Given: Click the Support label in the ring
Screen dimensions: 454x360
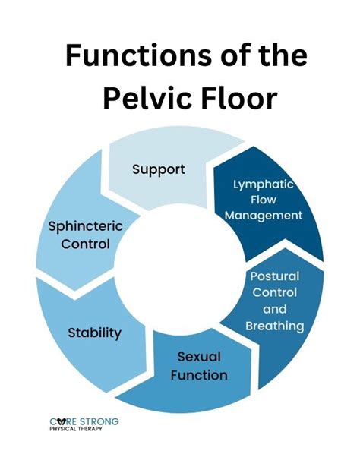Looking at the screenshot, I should tap(158, 169).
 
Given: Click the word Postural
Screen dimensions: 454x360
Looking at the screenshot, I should tap(274, 276).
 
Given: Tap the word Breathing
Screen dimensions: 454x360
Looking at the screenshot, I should tap(274, 326).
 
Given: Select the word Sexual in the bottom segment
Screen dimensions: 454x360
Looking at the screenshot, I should tap(198, 356).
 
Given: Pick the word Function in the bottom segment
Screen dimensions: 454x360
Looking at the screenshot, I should tap(198, 374).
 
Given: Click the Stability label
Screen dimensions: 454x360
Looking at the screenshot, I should tap(95, 332).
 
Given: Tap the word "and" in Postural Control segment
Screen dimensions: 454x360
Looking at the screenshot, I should tap(274, 309).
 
